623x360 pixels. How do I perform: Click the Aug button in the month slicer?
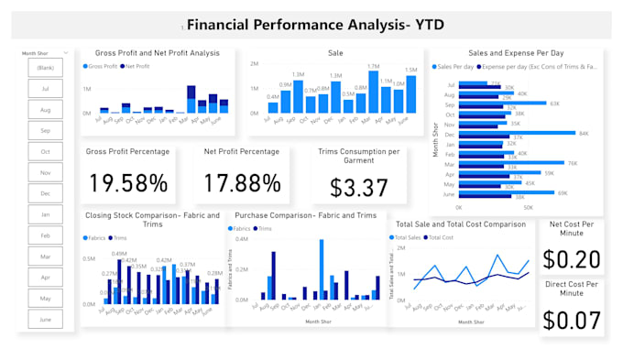tap(45, 110)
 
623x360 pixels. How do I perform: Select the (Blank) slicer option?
tap(45, 68)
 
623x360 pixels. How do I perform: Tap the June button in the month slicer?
tap(45, 320)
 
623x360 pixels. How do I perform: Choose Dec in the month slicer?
tap(45, 194)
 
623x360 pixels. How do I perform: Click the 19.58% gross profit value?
tap(127, 183)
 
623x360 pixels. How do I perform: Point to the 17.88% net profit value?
tap(242, 183)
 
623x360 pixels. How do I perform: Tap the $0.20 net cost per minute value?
tap(572, 259)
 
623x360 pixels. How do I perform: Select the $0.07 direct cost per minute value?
tap(572, 320)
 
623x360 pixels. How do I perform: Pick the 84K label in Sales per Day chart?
tap(583, 134)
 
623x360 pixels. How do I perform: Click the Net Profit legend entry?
tap(138, 67)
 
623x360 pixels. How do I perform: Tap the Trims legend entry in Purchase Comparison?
tap(265, 228)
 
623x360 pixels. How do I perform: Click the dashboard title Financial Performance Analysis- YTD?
tap(315, 25)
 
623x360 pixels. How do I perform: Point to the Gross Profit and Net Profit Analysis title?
tap(158, 53)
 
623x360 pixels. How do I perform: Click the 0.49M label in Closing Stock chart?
tap(119, 254)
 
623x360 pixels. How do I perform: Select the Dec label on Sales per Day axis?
tap(450, 134)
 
